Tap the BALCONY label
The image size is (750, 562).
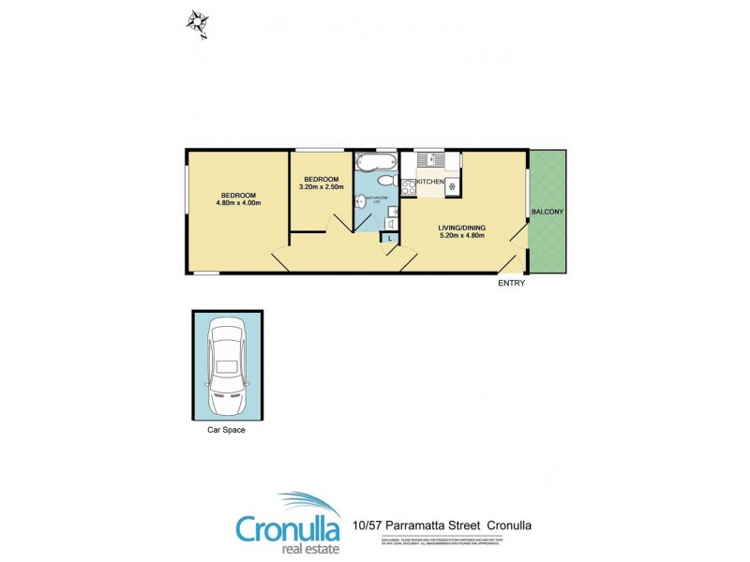tap(547, 213)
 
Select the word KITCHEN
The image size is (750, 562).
tap(429, 181)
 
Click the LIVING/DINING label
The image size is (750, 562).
tap(462, 227)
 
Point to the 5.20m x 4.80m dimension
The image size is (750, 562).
tap(462, 235)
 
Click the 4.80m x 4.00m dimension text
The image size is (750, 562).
tap(237, 202)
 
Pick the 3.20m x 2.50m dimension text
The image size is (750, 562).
tap(321, 186)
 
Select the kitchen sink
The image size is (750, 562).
tap(430, 158)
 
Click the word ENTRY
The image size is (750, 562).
tap(512, 283)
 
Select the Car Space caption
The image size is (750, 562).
tap(226, 431)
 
